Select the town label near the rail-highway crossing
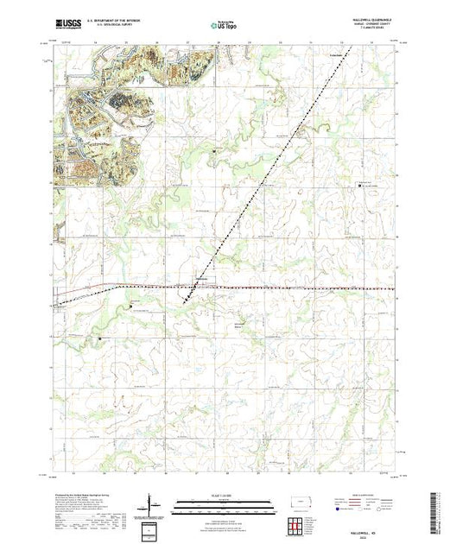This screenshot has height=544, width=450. (x=200, y=279)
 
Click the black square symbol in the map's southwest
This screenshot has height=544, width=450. (x=101, y=338)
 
